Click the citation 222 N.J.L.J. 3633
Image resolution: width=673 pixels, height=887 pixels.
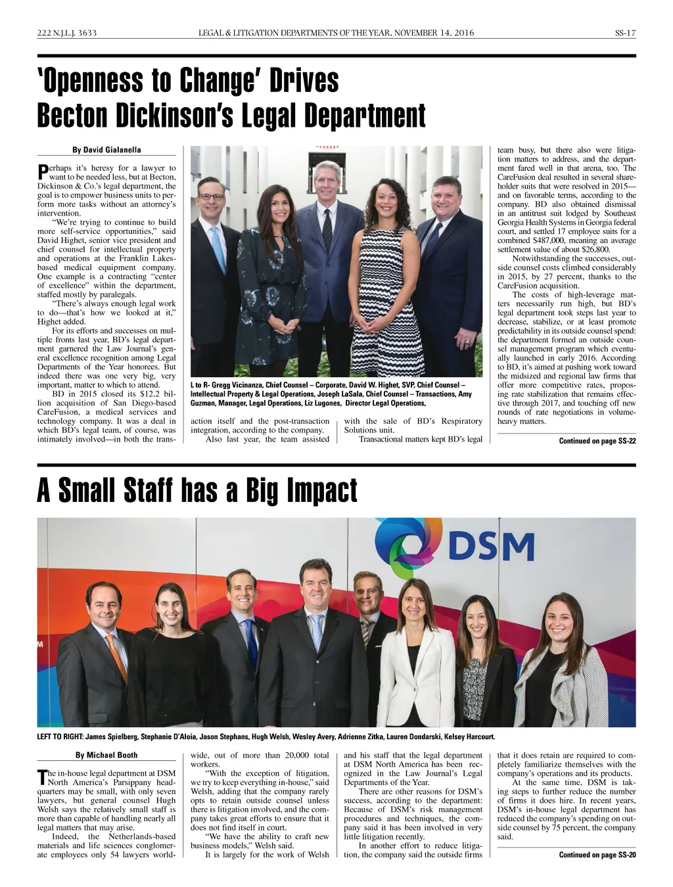67,33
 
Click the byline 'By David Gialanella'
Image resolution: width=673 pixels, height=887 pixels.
106,150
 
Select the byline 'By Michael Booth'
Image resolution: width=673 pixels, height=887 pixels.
106,755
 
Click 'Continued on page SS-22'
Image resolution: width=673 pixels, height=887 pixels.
597,441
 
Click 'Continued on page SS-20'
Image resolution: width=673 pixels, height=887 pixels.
597,855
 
